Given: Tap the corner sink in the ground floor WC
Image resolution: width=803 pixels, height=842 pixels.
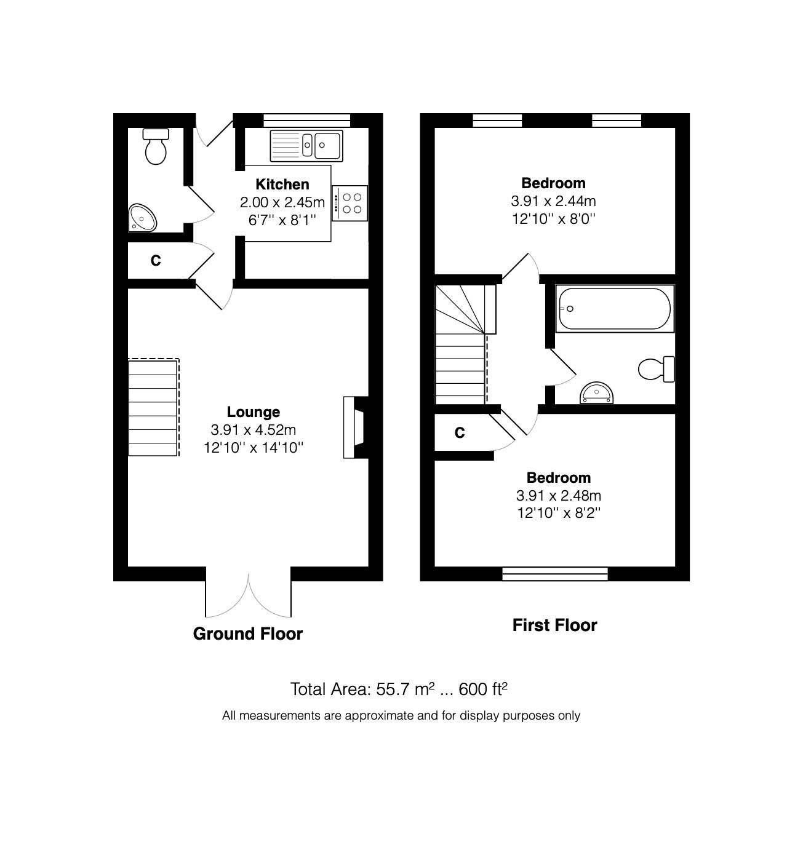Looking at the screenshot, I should point(143,218).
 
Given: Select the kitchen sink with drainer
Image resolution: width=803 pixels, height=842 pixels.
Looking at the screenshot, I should point(305,146).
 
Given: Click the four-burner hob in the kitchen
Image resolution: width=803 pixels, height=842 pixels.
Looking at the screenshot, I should point(350,203).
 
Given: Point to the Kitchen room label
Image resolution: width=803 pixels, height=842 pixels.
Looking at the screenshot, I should point(282,184).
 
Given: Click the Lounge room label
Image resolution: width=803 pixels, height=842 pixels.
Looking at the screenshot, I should point(253,411).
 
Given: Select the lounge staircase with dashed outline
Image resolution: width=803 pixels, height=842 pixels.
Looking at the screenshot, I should point(153,407).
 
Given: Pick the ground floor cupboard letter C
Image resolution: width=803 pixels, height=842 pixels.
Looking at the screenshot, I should point(156,261).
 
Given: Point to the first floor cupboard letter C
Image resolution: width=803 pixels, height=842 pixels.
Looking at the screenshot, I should point(459,433).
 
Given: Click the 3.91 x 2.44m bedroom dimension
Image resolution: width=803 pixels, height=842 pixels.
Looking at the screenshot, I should point(553,201).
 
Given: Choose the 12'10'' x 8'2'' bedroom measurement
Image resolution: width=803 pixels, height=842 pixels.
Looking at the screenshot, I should point(558,513).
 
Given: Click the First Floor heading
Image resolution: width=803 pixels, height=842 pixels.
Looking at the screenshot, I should point(554,625).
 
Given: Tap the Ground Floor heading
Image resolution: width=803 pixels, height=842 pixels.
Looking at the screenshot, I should point(247,633).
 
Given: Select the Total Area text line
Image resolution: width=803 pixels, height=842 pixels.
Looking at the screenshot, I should point(399,689).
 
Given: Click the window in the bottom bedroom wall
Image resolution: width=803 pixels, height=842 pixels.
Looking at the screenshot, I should point(555,574).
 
